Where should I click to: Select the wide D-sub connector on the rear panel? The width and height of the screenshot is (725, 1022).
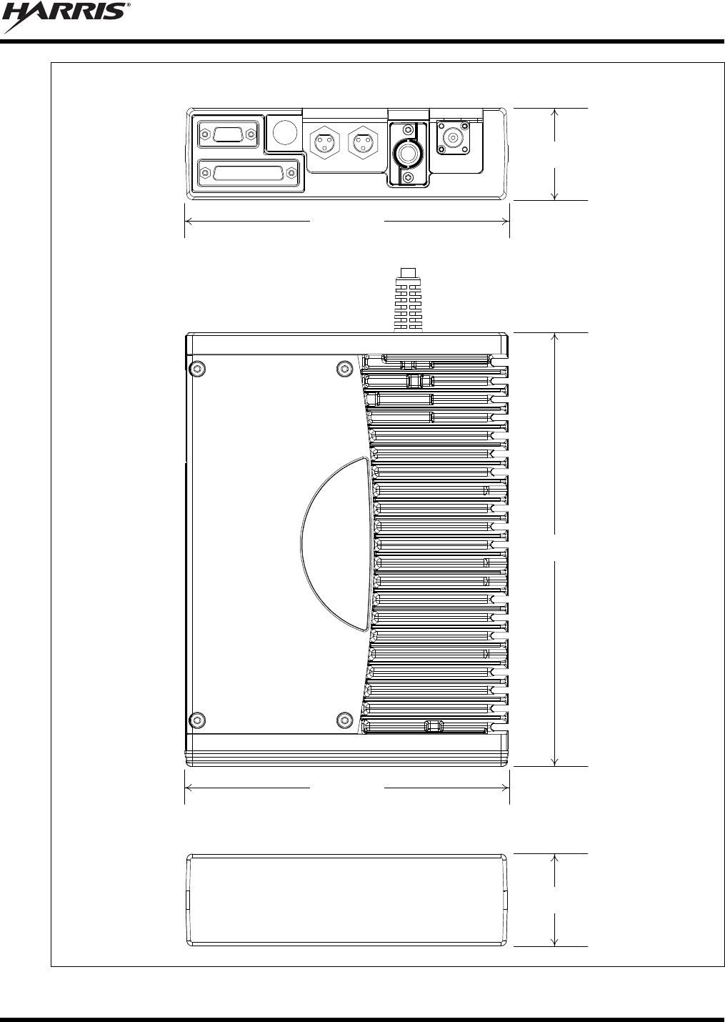pos(249,174)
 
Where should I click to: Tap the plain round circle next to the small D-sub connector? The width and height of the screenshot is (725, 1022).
pos(285,132)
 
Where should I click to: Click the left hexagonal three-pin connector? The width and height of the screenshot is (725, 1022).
pos(325,142)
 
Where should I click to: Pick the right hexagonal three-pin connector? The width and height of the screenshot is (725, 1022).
pos(363,142)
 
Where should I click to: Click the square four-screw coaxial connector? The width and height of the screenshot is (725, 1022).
pos(453,137)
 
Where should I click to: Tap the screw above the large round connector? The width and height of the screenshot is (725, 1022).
pos(409,130)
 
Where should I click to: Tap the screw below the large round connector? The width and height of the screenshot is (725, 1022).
pos(409,177)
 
